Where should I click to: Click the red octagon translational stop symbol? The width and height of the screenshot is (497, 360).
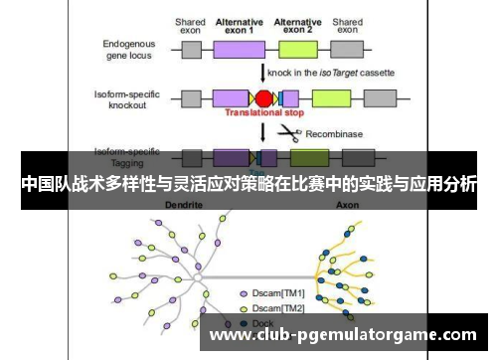[264, 97]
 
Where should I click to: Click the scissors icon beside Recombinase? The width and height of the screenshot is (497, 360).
[289, 132]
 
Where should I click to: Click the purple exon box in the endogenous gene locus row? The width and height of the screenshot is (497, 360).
[232, 48]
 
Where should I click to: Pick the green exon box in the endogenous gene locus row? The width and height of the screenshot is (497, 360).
[304, 48]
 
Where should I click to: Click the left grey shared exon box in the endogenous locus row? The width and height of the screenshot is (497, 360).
[191, 48]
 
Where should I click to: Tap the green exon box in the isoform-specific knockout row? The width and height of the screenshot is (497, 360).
[330, 97]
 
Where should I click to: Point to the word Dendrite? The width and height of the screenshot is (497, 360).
[182, 203]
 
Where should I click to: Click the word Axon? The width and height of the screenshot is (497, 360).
[347, 203]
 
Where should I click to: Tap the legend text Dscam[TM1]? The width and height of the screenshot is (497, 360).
[279, 294]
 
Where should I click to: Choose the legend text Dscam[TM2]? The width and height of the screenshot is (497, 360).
[279, 308]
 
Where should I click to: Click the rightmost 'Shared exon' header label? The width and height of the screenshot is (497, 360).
[347, 26]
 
